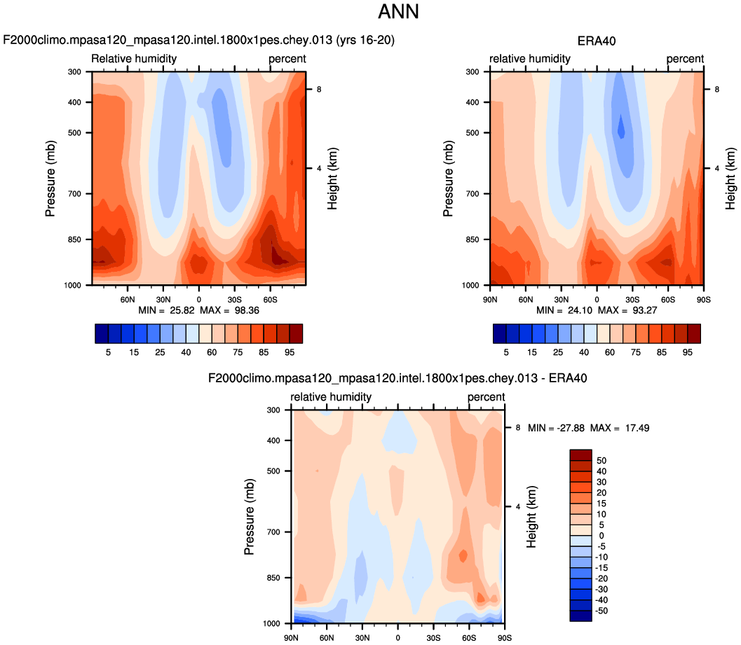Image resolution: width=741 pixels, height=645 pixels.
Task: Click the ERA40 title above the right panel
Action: coord(597,41)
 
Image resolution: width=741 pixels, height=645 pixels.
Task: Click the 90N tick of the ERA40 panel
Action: coord(490,298)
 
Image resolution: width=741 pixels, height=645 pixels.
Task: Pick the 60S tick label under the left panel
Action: coord(270,298)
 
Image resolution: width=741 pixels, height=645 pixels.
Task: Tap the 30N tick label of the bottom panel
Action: coord(362,637)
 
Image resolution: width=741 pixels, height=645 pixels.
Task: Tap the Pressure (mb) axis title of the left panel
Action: coord(50,179)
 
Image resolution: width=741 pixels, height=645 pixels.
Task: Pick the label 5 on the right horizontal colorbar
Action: coord(506,352)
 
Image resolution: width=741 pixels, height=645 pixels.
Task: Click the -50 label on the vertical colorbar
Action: coord(601,611)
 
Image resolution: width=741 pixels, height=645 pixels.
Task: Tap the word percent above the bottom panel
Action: coord(487,397)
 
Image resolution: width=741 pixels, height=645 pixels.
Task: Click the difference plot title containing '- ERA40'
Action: coord(397,378)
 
